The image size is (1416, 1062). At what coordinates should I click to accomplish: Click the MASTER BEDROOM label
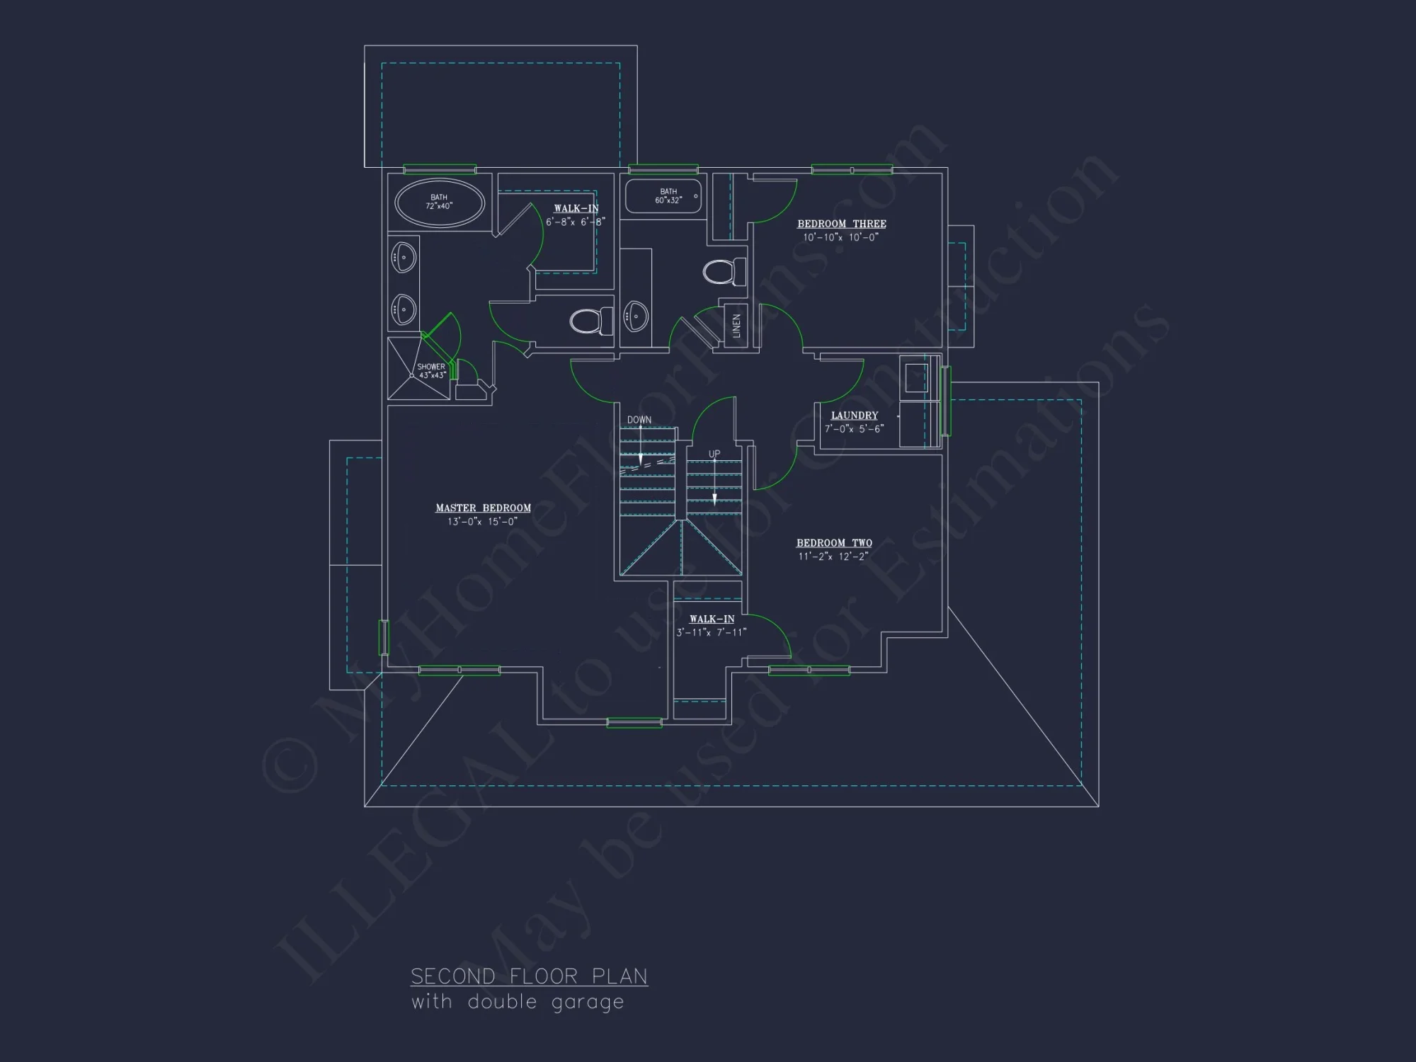point(483,508)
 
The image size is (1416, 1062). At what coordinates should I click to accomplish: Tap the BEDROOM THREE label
point(841,224)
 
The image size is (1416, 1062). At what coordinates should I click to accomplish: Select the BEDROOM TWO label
point(834,543)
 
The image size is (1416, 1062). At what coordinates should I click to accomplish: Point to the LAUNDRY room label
point(854,416)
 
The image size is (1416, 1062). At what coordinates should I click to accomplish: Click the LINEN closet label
point(736,326)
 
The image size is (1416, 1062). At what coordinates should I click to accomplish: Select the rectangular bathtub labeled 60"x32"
point(663,196)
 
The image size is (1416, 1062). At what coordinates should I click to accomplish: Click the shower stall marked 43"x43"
point(418,369)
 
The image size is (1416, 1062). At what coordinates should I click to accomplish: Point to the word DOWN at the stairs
point(639,420)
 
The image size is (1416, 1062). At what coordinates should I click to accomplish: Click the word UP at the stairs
point(714,454)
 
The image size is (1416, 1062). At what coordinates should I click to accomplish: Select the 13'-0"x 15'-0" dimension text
point(482,522)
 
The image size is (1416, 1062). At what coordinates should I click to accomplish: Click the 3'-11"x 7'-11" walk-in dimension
point(711,632)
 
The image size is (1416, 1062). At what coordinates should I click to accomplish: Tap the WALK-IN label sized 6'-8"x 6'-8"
point(576,208)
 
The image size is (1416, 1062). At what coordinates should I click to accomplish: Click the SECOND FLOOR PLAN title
point(529,976)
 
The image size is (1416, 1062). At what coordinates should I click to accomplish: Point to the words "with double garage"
point(518,1002)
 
